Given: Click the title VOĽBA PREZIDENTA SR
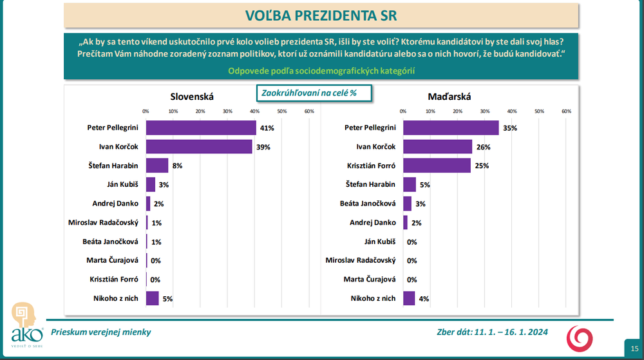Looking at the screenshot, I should pyautogui.click(x=321, y=14).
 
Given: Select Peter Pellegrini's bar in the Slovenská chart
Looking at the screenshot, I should pyautogui.click(x=201, y=128).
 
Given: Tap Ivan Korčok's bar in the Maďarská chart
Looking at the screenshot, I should pyautogui.click(x=438, y=147).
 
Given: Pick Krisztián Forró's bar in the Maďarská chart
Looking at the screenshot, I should pyautogui.click(x=437, y=166).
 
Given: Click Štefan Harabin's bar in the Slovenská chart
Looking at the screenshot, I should pyautogui.click(x=157, y=166).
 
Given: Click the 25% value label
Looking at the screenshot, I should pyautogui.click(x=482, y=166).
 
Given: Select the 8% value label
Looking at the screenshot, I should pyautogui.click(x=177, y=166).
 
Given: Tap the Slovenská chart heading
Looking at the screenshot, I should pyautogui.click(x=191, y=97).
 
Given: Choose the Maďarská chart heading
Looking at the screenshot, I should pyautogui.click(x=450, y=97).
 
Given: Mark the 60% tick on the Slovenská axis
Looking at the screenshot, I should pyautogui.click(x=308, y=111).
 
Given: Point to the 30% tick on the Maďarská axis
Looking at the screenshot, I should pyautogui.click(x=485, y=111).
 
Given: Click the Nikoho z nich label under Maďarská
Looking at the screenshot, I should pyautogui.click(x=373, y=298).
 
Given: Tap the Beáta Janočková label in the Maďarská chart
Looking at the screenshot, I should pyautogui.click(x=367, y=204).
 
